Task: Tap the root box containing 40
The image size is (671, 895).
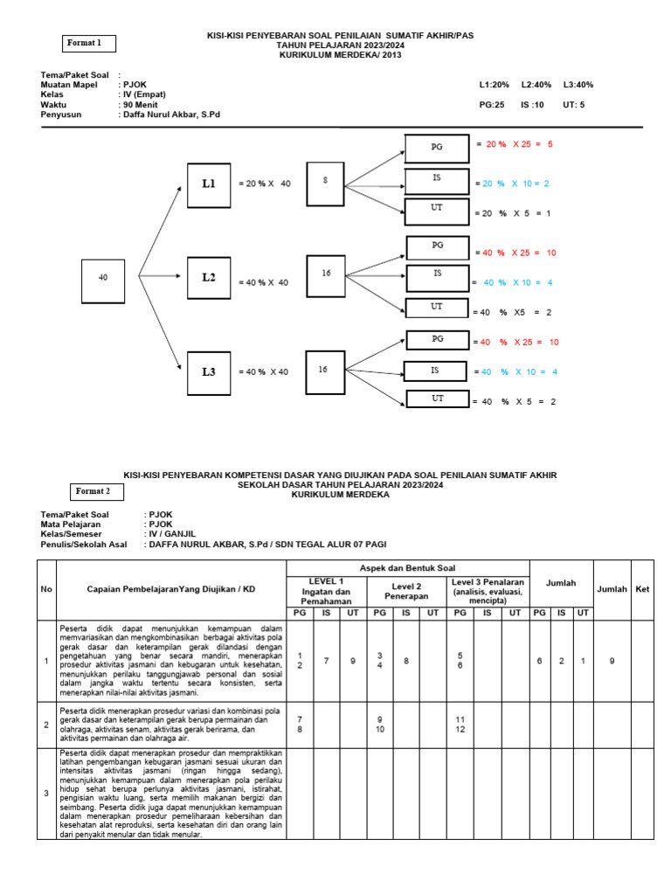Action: click(103, 277)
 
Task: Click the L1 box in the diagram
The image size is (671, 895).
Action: click(209, 184)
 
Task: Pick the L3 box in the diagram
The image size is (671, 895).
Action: click(209, 371)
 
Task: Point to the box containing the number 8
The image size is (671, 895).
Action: click(326, 180)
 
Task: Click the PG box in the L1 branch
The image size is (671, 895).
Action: click(437, 148)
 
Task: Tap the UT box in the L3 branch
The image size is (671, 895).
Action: click(438, 399)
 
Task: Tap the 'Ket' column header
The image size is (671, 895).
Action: click(642, 589)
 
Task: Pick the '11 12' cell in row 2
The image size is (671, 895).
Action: click(460, 724)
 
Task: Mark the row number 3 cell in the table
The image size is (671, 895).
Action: click(46, 793)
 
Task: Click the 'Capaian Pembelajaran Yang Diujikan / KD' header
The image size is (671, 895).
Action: click(171, 589)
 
